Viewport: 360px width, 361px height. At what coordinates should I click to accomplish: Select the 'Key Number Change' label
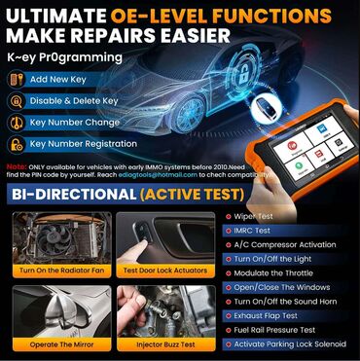[73, 124]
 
